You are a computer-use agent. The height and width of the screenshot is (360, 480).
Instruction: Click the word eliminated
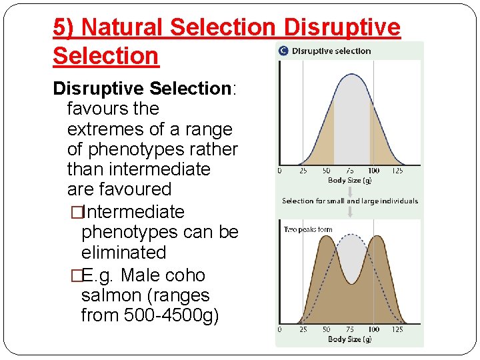(x=123, y=253)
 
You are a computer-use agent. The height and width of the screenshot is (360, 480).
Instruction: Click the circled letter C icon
(x=283, y=51)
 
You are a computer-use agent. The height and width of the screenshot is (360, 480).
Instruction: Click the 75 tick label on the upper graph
(x=349, y=171)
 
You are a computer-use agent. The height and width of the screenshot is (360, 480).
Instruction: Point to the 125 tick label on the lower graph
(x=397, y=330)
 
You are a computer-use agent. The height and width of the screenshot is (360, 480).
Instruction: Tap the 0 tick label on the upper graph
(x=279, y=171)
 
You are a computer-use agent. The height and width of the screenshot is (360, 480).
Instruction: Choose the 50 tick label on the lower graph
(x=326, y=330)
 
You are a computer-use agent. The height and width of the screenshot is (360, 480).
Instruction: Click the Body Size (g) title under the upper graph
(x=349, y=181)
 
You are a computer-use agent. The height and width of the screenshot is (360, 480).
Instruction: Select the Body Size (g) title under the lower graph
(x=349, y=339)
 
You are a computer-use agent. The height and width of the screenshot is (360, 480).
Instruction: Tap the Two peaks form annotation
(x=308, y=230)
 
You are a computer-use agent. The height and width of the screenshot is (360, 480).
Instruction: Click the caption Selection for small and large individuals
(x=350, y=201)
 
